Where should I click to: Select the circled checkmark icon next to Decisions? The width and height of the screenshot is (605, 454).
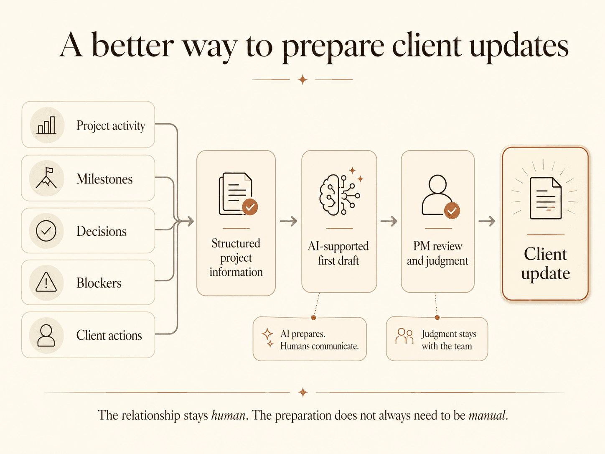(x=46, y=231)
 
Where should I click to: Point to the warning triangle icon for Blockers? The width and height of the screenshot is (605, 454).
(x=46, y=282)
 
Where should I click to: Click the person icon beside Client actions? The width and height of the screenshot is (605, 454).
(x=46, y=335)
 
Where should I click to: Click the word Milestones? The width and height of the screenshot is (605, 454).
(x=104, y=179)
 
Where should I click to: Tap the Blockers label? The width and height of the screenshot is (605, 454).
(x=99, y=283)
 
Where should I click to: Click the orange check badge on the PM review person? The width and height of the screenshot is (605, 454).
(x=452, y=211)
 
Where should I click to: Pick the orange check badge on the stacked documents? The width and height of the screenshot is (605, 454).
(x=250, y=207)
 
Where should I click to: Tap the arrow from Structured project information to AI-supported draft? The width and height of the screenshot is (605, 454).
(x=288, y=221)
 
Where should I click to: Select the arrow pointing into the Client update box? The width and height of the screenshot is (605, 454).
(x=487, y=221)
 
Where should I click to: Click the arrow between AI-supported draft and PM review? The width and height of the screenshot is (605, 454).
(x=389, y=221)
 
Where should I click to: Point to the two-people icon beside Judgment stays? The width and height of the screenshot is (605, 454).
(x=404, y=336)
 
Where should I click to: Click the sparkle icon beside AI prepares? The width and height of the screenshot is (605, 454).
(x=268, y=337)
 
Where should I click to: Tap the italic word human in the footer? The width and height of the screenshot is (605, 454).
(x=228, y=415)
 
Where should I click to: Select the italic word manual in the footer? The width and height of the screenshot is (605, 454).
(x=487, y=415)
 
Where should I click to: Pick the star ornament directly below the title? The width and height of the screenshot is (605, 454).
(x=302, y=80)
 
